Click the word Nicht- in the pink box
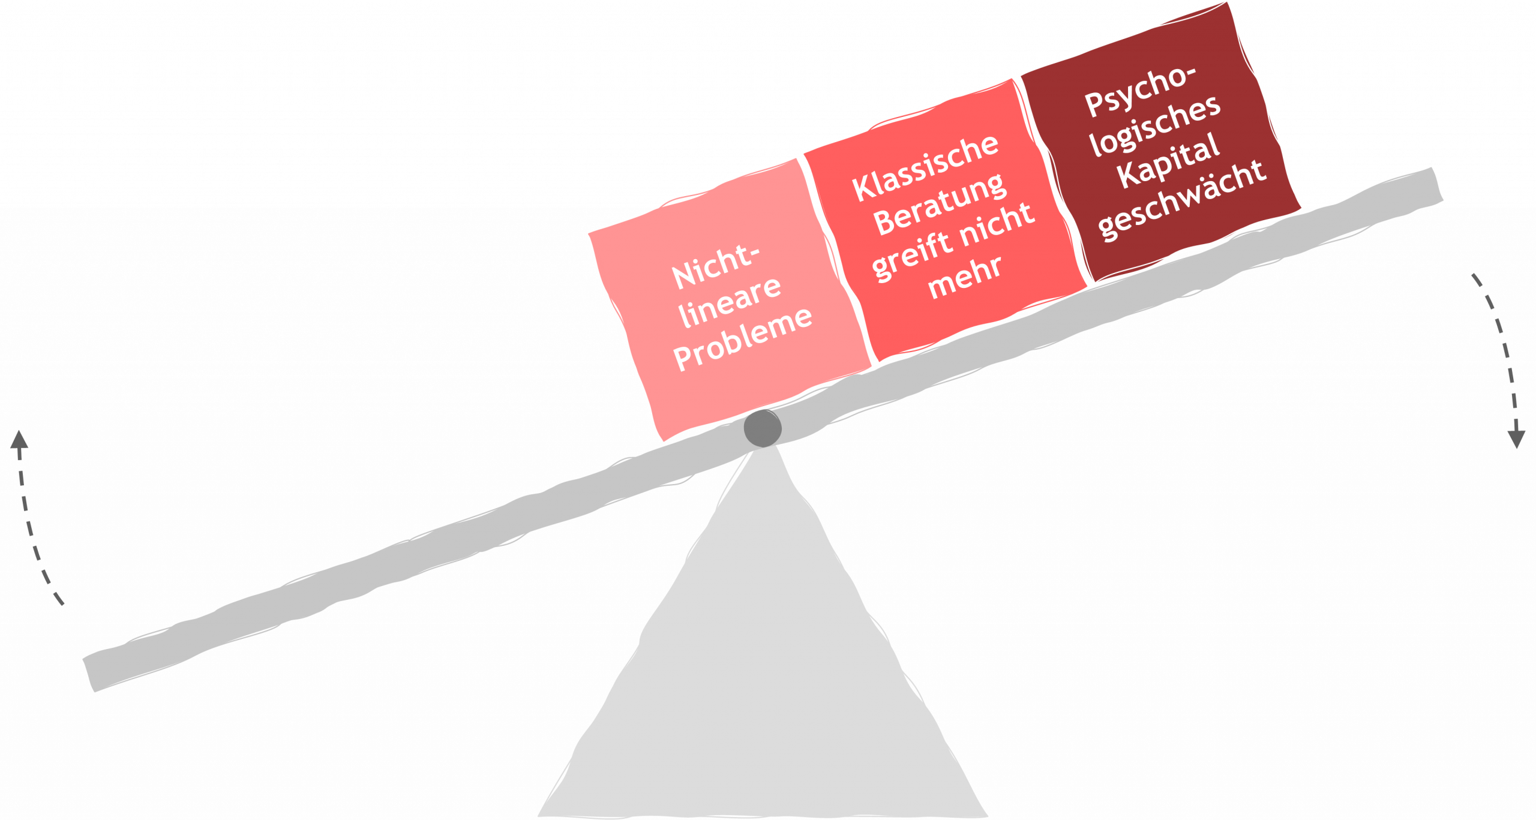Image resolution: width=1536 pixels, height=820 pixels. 715,266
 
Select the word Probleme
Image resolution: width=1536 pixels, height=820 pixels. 743,339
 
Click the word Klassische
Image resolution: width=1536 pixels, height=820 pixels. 925,167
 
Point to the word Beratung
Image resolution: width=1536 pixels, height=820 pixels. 940,204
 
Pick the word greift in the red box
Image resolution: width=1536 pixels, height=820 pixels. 911,255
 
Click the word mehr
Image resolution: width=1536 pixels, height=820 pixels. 965,277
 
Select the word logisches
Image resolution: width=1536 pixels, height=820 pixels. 1155,125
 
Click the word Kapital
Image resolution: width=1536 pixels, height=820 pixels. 1168,160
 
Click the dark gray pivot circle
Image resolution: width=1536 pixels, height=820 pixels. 763,428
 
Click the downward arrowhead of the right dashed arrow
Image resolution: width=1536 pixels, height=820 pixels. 1517,438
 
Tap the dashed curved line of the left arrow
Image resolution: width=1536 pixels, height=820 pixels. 30,528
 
